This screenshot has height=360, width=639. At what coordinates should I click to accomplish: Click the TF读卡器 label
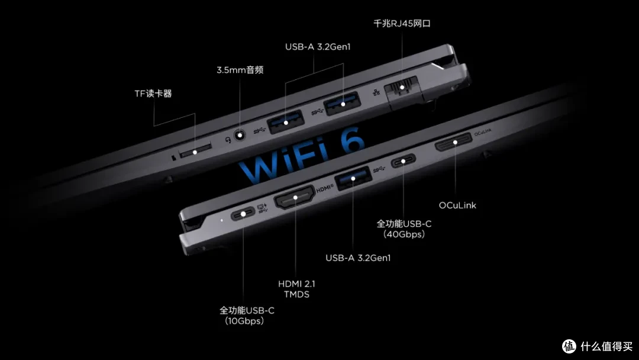tap(153, 94)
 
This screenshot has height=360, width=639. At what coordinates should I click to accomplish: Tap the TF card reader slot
tap(195, 150)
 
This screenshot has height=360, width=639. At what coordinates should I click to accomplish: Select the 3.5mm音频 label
tap(240, 70)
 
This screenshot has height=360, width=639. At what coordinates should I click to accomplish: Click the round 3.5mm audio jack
tap(240, 135)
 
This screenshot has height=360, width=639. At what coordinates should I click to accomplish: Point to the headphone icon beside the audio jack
tap(228, 140)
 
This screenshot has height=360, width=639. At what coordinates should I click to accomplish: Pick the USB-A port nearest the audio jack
tap(286, 121)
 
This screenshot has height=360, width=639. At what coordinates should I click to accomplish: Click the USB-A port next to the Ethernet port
tap(343, 104)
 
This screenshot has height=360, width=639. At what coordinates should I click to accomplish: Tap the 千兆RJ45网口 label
tap(402, 24)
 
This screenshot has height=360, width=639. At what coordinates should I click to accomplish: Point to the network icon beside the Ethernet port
tap(376, 92)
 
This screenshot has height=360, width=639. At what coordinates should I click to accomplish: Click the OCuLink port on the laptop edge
tap(454, 142)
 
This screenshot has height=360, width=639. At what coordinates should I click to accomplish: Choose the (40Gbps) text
tap(404, 234)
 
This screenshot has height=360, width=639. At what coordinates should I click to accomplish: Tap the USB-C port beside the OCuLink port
tap(403, 161)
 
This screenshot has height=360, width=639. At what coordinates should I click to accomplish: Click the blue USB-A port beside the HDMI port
tap(353, 178)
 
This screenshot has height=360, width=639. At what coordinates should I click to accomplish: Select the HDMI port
tap(295, 197)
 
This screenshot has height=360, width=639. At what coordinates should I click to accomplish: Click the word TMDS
tap(296, 294)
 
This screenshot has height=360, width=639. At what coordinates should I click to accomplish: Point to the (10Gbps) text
tap(244, 322)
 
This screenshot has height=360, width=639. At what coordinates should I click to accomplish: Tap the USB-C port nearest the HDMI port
tap(243, 214)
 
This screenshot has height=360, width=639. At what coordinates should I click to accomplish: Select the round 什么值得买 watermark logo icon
tap(569, 346)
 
